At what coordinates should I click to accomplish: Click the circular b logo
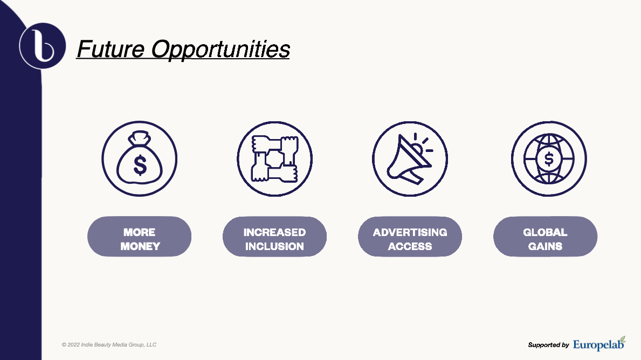[43, 46]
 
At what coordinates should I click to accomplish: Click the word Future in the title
[111, 49]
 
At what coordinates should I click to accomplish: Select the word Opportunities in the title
[220, 50]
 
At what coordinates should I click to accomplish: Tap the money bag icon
[140, 158]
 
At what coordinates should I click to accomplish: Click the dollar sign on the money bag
[140, 165]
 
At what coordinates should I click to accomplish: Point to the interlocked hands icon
[275, 158]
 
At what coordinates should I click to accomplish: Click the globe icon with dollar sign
[549, 158]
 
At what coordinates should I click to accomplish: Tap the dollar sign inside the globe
[549, 158]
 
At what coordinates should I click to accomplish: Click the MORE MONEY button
[140, 237]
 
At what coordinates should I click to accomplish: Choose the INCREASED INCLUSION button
[275, 237]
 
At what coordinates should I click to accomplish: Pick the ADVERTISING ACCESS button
[410, 237]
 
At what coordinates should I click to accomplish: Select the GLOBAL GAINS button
[546, 237]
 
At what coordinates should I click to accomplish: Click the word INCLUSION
[275, 246]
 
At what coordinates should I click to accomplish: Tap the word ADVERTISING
[410, 232]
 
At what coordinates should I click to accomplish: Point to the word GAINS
[546, 246]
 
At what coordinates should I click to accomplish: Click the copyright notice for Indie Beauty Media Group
[109, 345]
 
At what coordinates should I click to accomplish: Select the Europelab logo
[599, 344]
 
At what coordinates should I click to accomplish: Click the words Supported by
[549, 345]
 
